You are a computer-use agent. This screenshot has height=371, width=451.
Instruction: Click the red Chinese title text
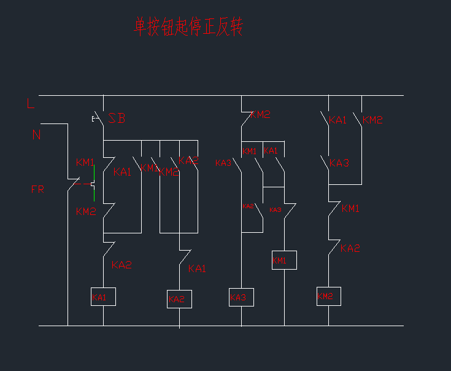pos(188,26)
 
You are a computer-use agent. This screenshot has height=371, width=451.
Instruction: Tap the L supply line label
pos(31,104)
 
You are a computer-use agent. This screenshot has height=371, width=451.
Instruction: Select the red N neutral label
pos(36,135)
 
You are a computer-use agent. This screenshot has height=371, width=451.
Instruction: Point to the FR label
pos(37,189)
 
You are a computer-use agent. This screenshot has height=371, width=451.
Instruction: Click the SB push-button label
pos(117,119)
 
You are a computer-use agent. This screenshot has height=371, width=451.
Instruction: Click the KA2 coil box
pos(179,299)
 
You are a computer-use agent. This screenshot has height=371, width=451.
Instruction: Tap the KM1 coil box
pos(284,260)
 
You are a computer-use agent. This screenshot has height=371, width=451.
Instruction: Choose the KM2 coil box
pos(328,296)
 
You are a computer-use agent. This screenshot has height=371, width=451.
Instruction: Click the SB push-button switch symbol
pos(98,118)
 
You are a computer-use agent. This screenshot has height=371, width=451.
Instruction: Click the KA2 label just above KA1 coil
pos(121,265)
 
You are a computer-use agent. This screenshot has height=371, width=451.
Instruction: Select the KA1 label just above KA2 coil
pos(197,269)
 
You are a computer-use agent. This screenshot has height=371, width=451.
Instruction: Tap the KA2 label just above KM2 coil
pos(350,249)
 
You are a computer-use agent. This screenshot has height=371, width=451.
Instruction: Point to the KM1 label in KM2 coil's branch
pos(350,209)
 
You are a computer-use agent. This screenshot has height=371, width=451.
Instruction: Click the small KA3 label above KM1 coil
pos(275,210)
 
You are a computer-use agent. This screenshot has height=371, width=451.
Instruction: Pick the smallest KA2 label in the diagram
pos(248,206)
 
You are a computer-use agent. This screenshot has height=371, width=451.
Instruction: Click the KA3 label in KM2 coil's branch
pos(339,163)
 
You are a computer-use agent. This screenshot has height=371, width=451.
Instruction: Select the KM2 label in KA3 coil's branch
pos(260,114)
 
